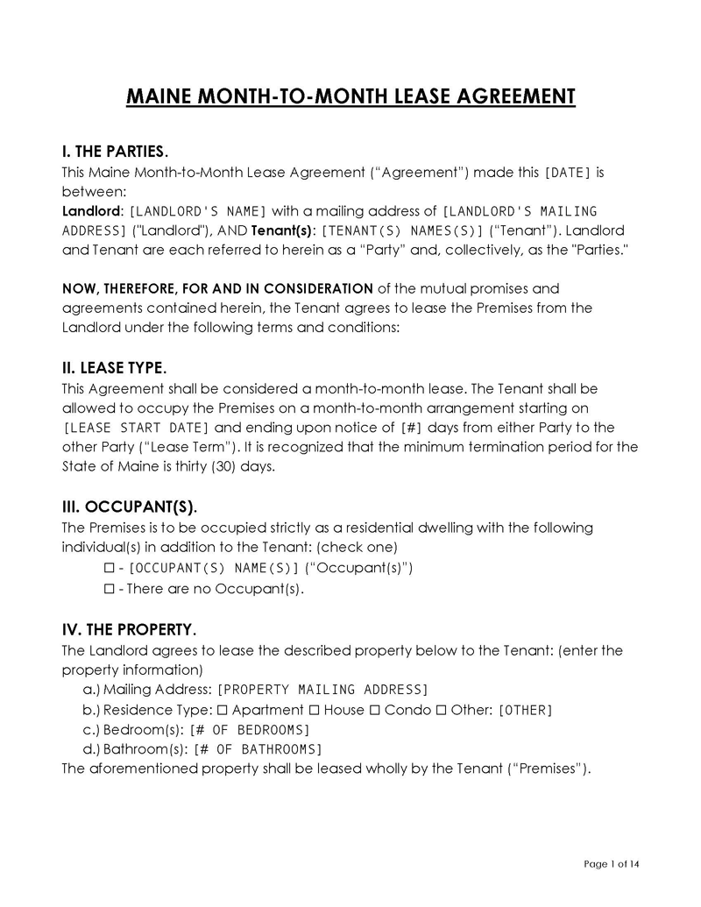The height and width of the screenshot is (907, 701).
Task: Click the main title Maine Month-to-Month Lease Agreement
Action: point(350,96)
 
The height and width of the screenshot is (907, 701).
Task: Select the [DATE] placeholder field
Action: point(568,173)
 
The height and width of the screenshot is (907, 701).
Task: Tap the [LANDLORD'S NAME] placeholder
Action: point(198,211)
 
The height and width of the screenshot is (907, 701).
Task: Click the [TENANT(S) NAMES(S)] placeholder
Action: point(403,230)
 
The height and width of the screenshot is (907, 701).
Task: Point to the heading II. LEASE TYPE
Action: point(114,368)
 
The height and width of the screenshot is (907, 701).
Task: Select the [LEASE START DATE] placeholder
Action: point(138,428)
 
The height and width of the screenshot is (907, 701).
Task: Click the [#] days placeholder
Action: point(411,428)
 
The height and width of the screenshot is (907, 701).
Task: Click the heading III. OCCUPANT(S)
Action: point(130,507)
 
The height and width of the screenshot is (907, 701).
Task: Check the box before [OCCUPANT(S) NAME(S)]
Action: point(110,568)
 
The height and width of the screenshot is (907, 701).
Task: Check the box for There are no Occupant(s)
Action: point(110,588)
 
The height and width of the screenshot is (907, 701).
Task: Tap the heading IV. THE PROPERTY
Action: point(129,630)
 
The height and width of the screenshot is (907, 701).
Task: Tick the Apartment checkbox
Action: point(222,709)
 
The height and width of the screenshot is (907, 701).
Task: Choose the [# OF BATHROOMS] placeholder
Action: point(258,749)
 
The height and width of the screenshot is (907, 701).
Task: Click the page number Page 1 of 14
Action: point(612,864)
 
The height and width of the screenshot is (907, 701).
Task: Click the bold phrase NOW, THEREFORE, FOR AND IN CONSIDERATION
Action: point(217,288)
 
